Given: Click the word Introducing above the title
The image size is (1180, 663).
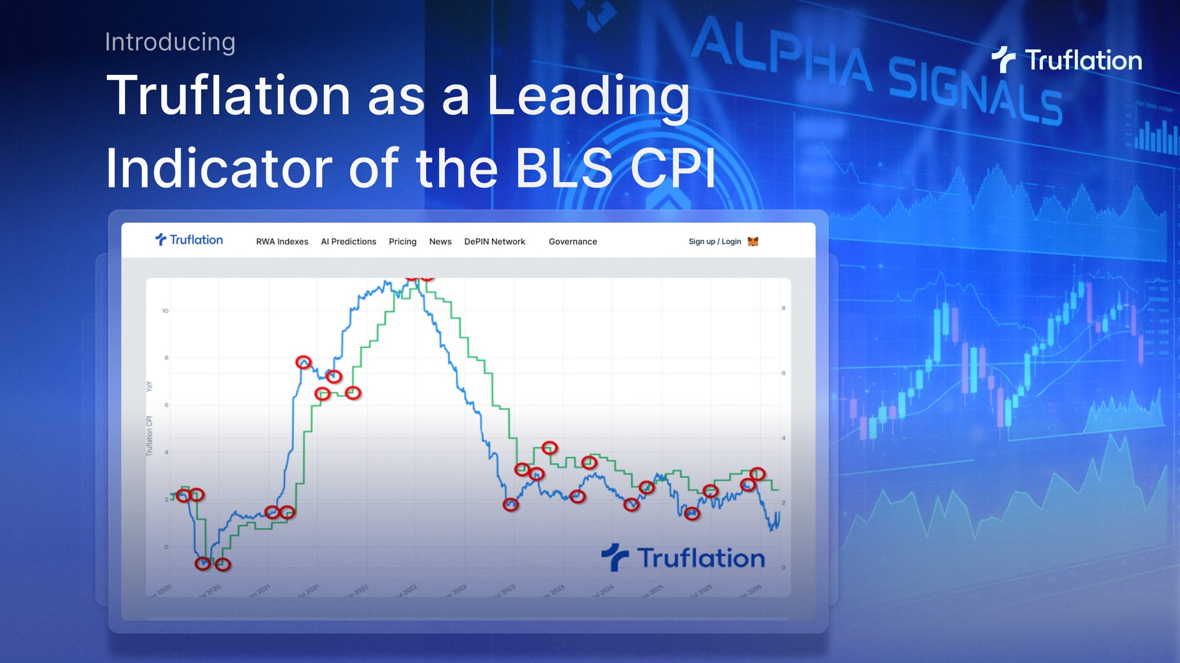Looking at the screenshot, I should [170, 42].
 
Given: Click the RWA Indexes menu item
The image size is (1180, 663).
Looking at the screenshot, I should [282, 242].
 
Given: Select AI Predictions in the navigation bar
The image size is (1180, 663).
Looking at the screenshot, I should [348, 242].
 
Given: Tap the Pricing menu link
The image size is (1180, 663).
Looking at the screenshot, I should [402, 242].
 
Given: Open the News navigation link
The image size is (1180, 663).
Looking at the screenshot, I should [440, 242].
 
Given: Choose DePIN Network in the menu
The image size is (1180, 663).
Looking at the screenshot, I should [494, 242].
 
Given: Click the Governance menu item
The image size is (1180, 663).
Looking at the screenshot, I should [572, 242].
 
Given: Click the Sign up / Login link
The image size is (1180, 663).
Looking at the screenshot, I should [714, 242].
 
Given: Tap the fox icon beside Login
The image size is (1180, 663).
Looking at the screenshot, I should [753, 242].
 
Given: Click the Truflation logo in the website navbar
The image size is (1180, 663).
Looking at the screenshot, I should [189, 240].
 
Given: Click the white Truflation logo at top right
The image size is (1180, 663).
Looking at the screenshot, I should [1067, 60].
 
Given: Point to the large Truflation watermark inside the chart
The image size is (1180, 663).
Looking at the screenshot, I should [683, 558].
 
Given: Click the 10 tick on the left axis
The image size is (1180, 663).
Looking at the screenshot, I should [165, 311].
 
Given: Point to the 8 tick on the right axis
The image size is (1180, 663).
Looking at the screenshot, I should [784, 308].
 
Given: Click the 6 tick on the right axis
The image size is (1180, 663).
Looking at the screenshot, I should [784, 373].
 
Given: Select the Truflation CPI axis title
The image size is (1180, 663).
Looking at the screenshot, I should [149, 436].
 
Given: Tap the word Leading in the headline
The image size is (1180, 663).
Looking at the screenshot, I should [588, 95].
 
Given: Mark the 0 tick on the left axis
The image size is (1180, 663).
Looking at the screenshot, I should [166, 547].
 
